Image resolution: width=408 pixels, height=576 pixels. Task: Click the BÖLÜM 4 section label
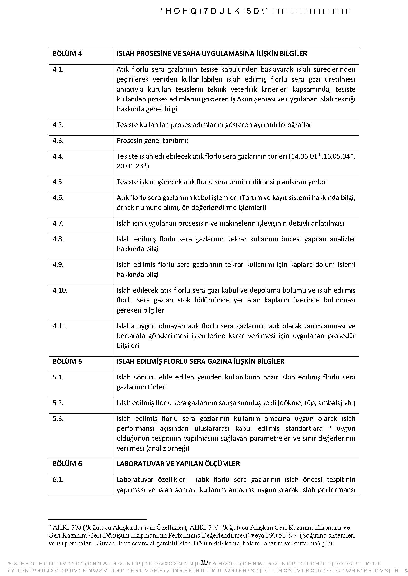67,54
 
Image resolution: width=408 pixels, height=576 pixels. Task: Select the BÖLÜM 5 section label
67,361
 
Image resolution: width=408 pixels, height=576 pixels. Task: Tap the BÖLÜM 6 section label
67,464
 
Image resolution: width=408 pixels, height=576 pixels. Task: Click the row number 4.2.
58,125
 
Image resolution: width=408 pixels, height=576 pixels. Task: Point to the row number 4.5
57,182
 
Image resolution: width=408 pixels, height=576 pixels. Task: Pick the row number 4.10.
60,290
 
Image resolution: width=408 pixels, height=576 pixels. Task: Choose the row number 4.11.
60,326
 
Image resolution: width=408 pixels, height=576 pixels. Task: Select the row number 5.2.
58,403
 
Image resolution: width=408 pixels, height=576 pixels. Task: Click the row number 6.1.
58,479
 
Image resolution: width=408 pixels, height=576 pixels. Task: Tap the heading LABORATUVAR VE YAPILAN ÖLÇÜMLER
178,464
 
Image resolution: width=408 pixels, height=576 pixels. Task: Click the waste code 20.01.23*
133,166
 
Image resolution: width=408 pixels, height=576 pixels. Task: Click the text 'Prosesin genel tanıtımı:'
152,140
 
